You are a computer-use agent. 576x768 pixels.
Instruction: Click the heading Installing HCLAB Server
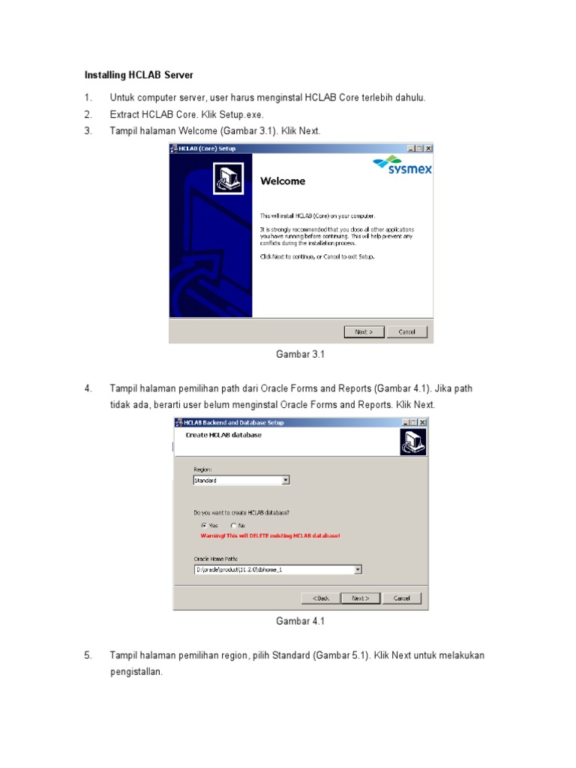[x=138, y=76]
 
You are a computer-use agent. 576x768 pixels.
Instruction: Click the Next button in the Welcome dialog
[x=364, y=331]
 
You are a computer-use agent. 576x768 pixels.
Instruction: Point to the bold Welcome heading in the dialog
[x=283, y=181]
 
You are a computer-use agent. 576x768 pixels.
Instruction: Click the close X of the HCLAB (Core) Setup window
[x=427, y=148]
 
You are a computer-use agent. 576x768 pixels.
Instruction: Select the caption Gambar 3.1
[x=300, y=354]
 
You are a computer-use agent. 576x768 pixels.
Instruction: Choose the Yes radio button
[x=204, y=526]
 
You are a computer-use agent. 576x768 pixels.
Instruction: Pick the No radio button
[x=234, y=526]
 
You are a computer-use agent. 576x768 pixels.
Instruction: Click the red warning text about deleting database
[x=270, y=536]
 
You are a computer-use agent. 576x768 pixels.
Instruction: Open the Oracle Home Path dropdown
[x=358, y=570]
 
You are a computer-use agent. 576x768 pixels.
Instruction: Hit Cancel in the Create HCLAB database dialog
[x=401, y=598]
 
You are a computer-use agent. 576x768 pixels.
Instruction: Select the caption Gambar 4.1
[x=300, y=621]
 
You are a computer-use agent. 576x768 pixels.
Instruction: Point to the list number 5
[x=88, y=655]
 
